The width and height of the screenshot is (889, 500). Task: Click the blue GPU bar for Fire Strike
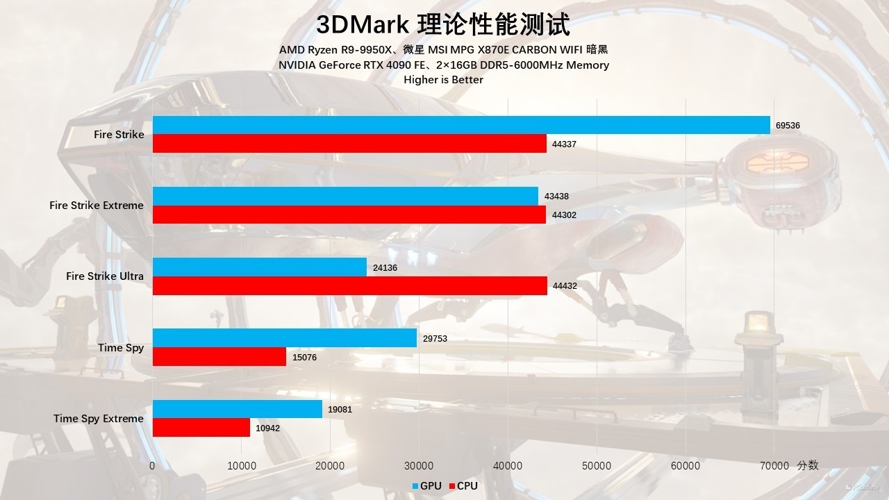(x=461, y=125)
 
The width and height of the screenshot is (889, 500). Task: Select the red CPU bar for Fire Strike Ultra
(x=349, y=285)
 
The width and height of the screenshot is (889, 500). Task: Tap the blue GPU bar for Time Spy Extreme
(x=238, y=409)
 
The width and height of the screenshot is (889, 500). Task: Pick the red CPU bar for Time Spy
(x=219, y=357)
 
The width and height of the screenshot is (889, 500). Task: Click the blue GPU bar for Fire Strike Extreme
(x=345, y=196)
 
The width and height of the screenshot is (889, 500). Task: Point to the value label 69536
(x=788, y=126)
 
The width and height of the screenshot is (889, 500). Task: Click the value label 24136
(x=385, y=267)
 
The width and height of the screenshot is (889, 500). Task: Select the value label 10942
(x=267, y=428)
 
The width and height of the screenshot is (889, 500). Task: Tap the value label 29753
(x=435, y=338)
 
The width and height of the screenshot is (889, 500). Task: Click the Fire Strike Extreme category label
(x=97, y=206)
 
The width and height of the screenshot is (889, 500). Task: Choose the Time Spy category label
(x=121, y=348)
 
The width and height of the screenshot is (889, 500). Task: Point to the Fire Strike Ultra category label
(x=105, y=276)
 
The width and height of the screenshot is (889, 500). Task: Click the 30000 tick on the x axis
(x=419, y=466)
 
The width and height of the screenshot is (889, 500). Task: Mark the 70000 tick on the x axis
(x=774, y=466)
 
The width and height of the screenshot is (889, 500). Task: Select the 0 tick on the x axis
(x=152, y=466)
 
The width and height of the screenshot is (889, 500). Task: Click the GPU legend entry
(x=426, y=486)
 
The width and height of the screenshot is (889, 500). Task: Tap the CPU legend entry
(x=463, y=486)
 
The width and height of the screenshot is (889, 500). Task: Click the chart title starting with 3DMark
(x=443, y=25)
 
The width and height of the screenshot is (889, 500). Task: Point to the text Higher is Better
(x=443, y=80)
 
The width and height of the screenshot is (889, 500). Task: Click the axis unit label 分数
(x=808, y=465)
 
